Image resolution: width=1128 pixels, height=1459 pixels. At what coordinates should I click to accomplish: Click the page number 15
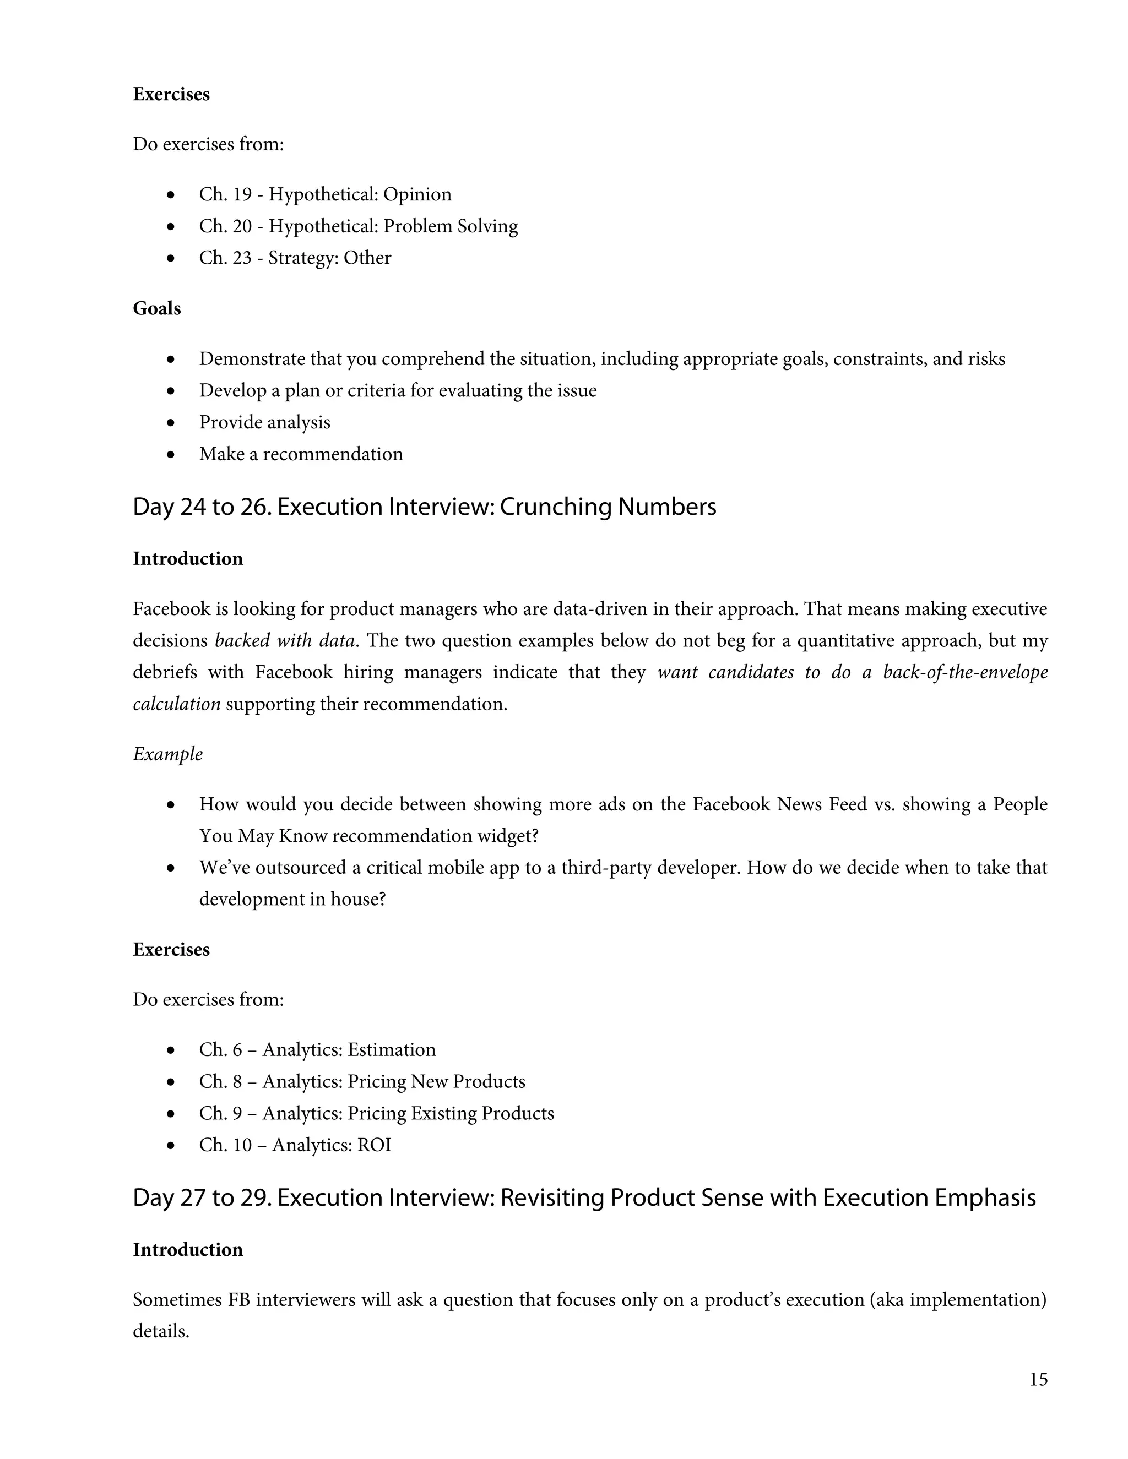click(x=1038, y=1379)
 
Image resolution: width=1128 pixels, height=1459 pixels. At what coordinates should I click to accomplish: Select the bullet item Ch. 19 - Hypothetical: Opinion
click(x=325, y=194)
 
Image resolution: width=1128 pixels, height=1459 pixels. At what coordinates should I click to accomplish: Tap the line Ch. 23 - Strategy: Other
click(x=295, y=258)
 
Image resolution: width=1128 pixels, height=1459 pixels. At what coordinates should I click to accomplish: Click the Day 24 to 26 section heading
click(x=424, y=507)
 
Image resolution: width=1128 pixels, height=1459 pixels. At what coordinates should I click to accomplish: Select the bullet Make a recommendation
click(x=301, y=454)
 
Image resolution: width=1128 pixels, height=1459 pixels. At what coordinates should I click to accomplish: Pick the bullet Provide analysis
click(x=264, y=422)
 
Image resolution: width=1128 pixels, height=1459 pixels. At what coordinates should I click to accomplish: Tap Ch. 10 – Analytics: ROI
click(x=295, y=1145)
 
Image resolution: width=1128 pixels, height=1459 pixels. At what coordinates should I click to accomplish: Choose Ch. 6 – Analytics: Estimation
click(x=317, y=1049)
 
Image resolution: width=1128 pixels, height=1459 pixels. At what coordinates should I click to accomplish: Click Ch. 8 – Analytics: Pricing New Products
click(x=361, y=1081)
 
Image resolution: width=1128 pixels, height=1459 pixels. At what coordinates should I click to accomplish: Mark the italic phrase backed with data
click(x=284, y=641)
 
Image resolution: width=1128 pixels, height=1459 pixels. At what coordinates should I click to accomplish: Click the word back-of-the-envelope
click(x=965, y=672)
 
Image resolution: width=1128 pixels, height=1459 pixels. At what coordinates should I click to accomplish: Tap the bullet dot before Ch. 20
click(x=172, y=226)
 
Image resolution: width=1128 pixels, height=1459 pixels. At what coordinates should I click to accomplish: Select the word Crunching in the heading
click(x=555, y=507)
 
